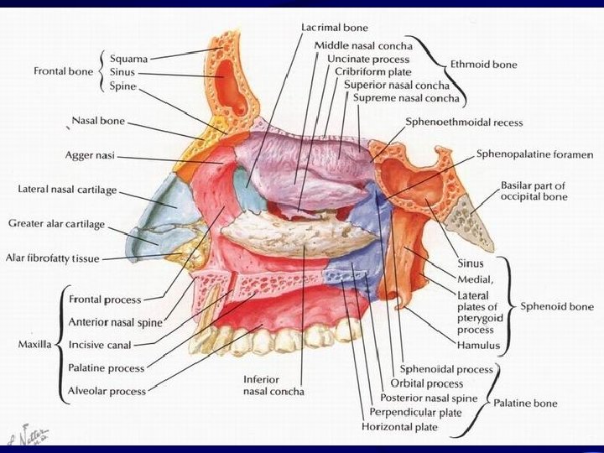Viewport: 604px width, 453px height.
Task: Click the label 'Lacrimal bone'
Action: click(x=334, y=28)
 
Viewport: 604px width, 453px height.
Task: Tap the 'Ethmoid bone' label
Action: click(x=483, y=64)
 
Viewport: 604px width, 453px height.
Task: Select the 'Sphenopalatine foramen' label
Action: click(x=534, y=154)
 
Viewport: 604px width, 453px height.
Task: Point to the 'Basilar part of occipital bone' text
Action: click(x=534, y=190)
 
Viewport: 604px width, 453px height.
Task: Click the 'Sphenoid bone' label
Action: click(x=557, y=306)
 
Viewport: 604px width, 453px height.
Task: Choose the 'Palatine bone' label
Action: click(x=524, y=404)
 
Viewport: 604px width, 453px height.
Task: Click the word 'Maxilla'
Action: click(x=34, y=344)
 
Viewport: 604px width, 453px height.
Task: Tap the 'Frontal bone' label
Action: click(x=63, y=71)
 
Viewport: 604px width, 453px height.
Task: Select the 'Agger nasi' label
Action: click(x=91, y=155)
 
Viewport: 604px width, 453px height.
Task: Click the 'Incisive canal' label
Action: click(x=100, y=344)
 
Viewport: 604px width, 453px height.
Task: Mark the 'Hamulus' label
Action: click(x=479, y=345)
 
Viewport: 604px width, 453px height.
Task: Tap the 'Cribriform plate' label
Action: click(x=362, y=73)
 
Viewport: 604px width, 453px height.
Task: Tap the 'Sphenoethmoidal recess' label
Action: click(x=464, y=122)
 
